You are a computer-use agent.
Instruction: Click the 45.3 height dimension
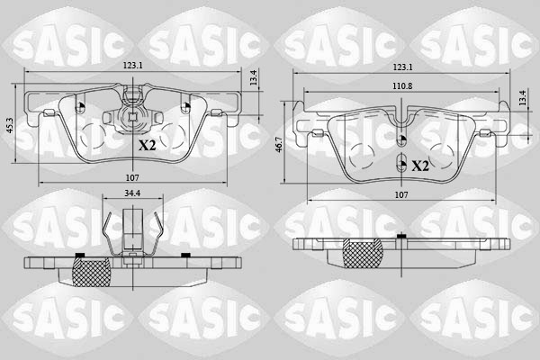[x=9, y=126]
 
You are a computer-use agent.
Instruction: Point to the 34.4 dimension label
[x=131, y=193]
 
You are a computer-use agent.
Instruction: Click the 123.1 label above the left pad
[x=135, y=65]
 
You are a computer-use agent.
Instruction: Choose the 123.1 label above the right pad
[x=401, y=67]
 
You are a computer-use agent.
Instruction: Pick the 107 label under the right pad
[x=401, y=194]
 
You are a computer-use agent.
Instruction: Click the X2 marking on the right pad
[x=420, y=166]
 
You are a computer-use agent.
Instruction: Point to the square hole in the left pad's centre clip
[x=132, y=115]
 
